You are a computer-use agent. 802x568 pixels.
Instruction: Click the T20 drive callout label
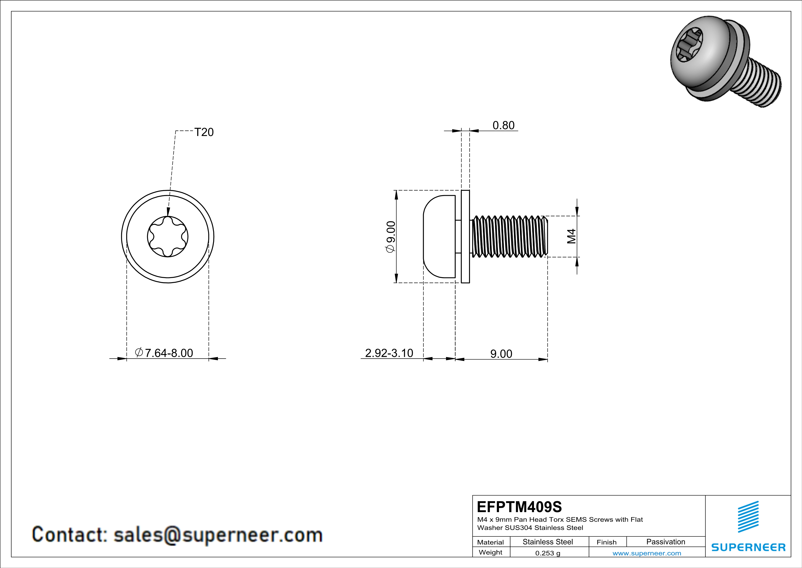pyautogui.click(x=204, y=132)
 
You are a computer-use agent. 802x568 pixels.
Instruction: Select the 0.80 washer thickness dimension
pyautogui.click(x=503, y=125)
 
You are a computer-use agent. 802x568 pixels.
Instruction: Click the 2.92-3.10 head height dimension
pyautogui.click(x=389, y=353)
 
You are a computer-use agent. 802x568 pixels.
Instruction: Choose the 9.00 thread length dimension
pyautogui.click(x=501, y=354)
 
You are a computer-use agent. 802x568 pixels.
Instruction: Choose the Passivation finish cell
pyautogui.click(x=665, y=542)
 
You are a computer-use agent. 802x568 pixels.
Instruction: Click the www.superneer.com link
pyautogui.click(x=646, y=553)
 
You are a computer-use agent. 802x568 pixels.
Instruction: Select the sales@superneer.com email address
pyautogui.click(x=218, y=535)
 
